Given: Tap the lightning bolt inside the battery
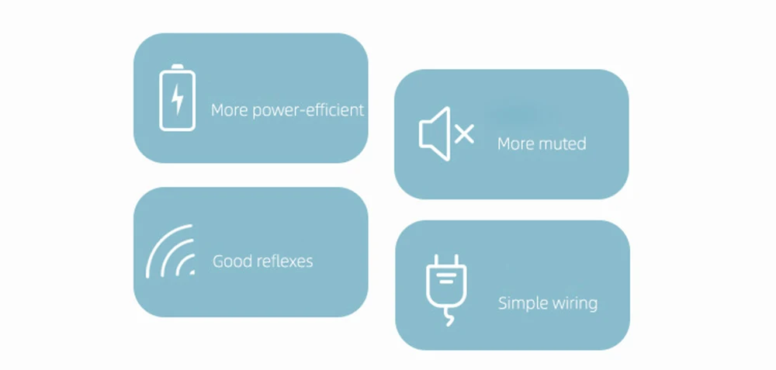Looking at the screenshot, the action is (178, 99).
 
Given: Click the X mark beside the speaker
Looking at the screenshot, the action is (464, 135).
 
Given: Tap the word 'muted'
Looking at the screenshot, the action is (563, 144).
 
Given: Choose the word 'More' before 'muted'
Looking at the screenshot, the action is (516, 144).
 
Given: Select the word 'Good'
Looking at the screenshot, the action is (231, 261).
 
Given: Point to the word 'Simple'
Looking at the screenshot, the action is (521, 303).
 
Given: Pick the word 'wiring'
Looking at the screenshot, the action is (573, 303).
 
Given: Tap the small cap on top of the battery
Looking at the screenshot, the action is (178, 67).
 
